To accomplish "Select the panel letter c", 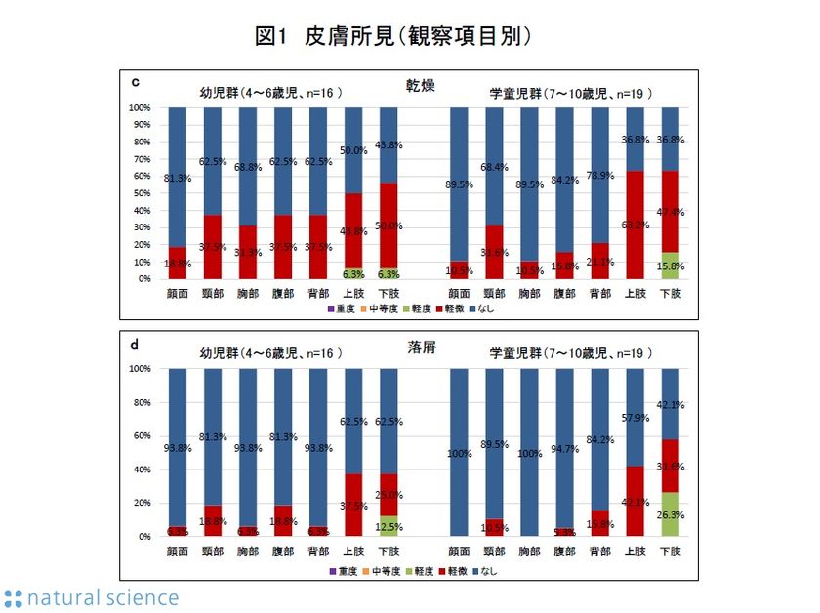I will click(x=134, y=81).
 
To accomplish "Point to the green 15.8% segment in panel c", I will click(x=670, y=266).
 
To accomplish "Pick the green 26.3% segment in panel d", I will click(x=670, y=514).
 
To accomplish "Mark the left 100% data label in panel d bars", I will click(x=458, y=453).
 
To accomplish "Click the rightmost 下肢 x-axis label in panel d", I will click(x=670, y=551).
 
